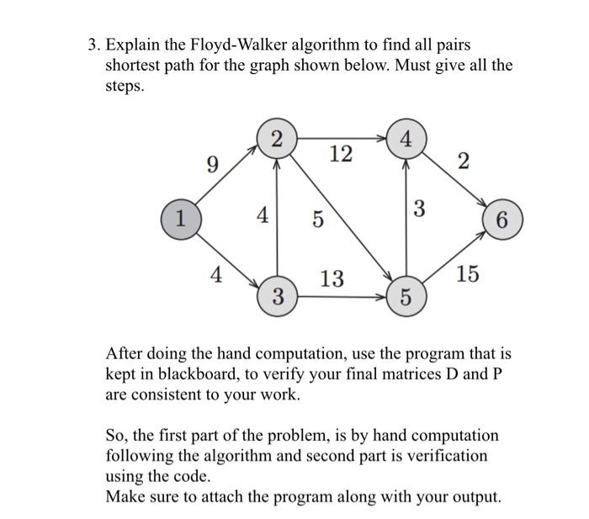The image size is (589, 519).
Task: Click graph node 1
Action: click(178, 220)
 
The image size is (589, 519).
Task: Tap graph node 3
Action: click(278, 296)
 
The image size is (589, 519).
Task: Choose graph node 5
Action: click(406, 296)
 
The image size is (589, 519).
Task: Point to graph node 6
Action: click(502, 220)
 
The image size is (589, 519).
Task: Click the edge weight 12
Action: click(342, 155)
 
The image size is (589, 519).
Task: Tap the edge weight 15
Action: click(469, 273)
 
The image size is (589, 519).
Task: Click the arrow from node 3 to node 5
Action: click(342, 297)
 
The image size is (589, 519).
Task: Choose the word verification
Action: click(437, 455)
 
